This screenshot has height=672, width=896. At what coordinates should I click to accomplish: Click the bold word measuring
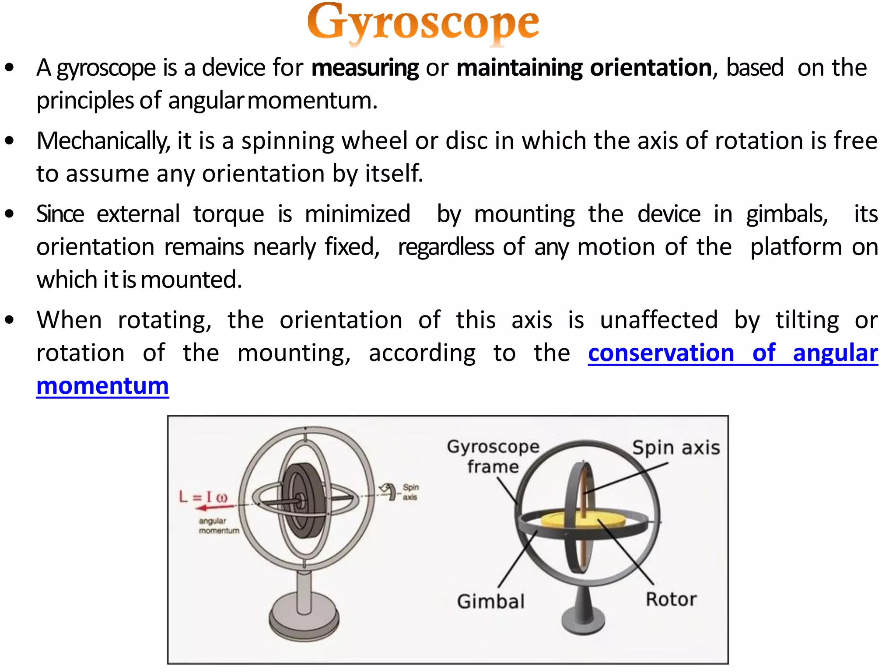pyautogui.click(x=365, y=68)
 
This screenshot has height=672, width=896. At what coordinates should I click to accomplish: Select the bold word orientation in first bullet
pyautogui.click(x=651, y=68)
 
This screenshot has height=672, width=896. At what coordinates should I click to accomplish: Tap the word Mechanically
pyautogui.click(x=103, y=141)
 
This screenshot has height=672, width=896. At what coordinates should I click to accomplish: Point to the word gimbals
pyautogui.click(x=787, y=214)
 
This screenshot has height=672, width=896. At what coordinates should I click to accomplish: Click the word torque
pyautogui.click(x=228, y=214)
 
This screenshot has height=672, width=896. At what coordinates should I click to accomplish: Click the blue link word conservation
pyautogui.click(x=661, y=353)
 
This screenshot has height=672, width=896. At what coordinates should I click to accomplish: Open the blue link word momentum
pyautogui.click(x=102, y=386)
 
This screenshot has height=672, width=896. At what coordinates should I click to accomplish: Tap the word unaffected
pyautogui.click(x=658, y=320)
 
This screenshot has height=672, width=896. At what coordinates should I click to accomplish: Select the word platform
pyautogui.click(x=796, y=247)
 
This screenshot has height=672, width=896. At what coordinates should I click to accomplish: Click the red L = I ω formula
pyautogui.click(x=203, y=497)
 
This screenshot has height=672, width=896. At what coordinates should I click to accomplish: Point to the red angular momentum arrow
pyautogui.click(x=214, y=507)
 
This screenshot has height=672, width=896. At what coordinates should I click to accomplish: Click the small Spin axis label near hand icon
pyautogui.click(x=410, y=492)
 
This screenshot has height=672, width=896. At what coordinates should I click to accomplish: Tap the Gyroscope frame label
pyautogui.click(x=493, y=456)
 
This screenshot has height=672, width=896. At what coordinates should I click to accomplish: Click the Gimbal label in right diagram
pyautogui.click(x=490, y=601)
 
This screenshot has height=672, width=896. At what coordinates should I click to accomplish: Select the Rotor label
pyautogui.click(x=671, y=599)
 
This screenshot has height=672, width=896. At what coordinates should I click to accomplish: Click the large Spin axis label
pyautogui.click(x=676, y=448)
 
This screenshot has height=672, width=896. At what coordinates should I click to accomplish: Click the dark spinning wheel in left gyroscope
pyautogui.click(x=302, y=500)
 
